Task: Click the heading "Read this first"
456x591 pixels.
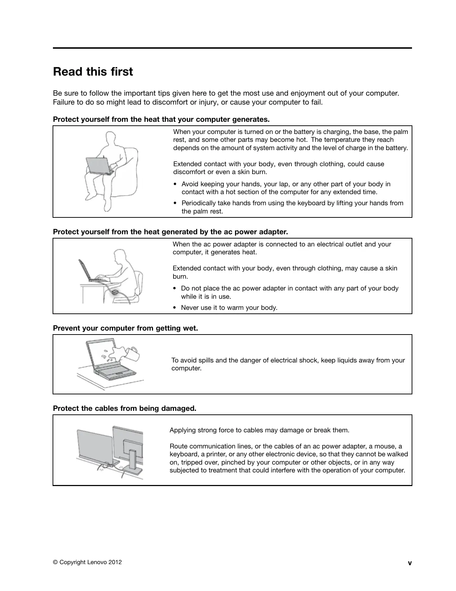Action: (93, 72)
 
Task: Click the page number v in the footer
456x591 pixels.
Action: (410, 563)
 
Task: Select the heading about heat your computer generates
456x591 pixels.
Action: (161, 119)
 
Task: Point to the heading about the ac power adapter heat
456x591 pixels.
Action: (170, 232)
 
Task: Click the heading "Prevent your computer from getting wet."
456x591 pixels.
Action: (125, 328)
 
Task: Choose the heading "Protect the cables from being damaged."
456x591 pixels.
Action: (124, 408)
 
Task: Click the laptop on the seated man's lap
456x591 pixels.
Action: (99, 166)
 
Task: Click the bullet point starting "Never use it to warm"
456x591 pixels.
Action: (229, 308)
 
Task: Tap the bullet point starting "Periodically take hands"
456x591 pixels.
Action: (292, 207)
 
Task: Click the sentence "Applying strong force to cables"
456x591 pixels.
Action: (259, 430)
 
